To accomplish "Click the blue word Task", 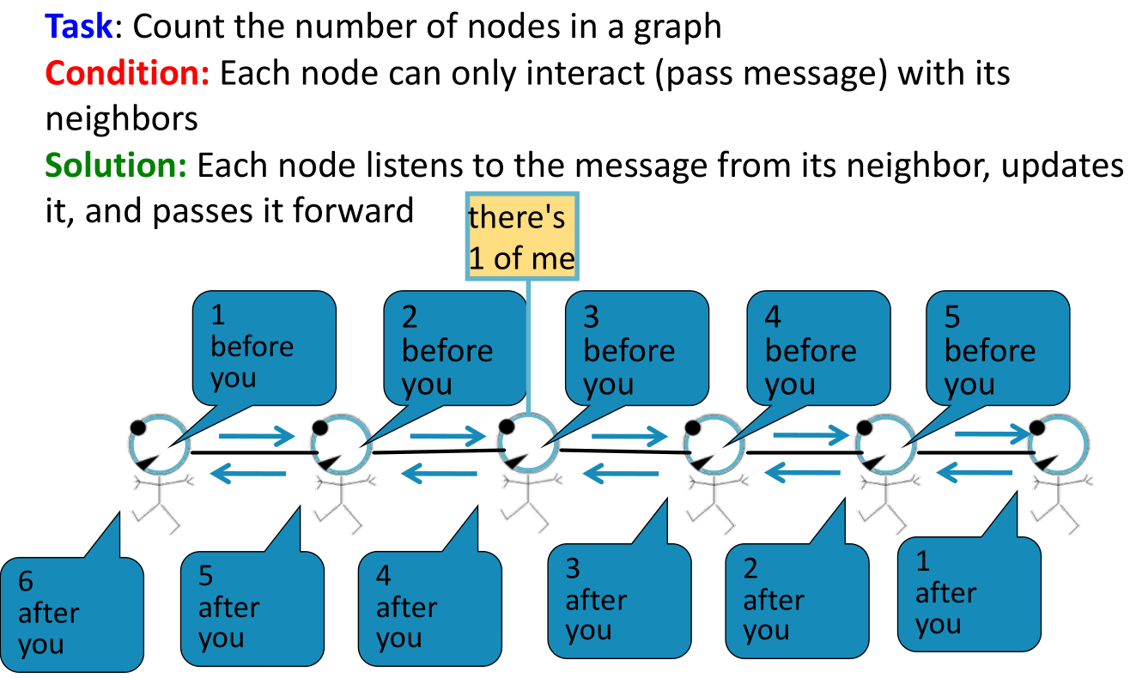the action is click(78, 27).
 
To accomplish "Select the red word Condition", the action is click(127, 73).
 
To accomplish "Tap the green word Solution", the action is click(116, 166).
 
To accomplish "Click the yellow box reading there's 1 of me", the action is click(522, 236).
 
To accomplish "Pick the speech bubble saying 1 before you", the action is click(264, 348).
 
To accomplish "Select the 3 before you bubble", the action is click(636, 348).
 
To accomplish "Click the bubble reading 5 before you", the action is click(998, 348).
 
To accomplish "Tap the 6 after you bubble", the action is click(72, 614).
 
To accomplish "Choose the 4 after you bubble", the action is click(430, 608).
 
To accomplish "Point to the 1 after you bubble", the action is click(969, 594).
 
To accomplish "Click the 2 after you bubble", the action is click(797, 601).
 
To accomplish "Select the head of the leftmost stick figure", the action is click(160, 445).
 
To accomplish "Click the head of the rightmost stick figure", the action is click(1059, 445).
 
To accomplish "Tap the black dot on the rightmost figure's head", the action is click(1037, 427).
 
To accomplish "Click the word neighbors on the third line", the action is click(122, 119).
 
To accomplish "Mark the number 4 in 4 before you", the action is click(773, 317).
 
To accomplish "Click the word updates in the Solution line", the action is click(1062, 166).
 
